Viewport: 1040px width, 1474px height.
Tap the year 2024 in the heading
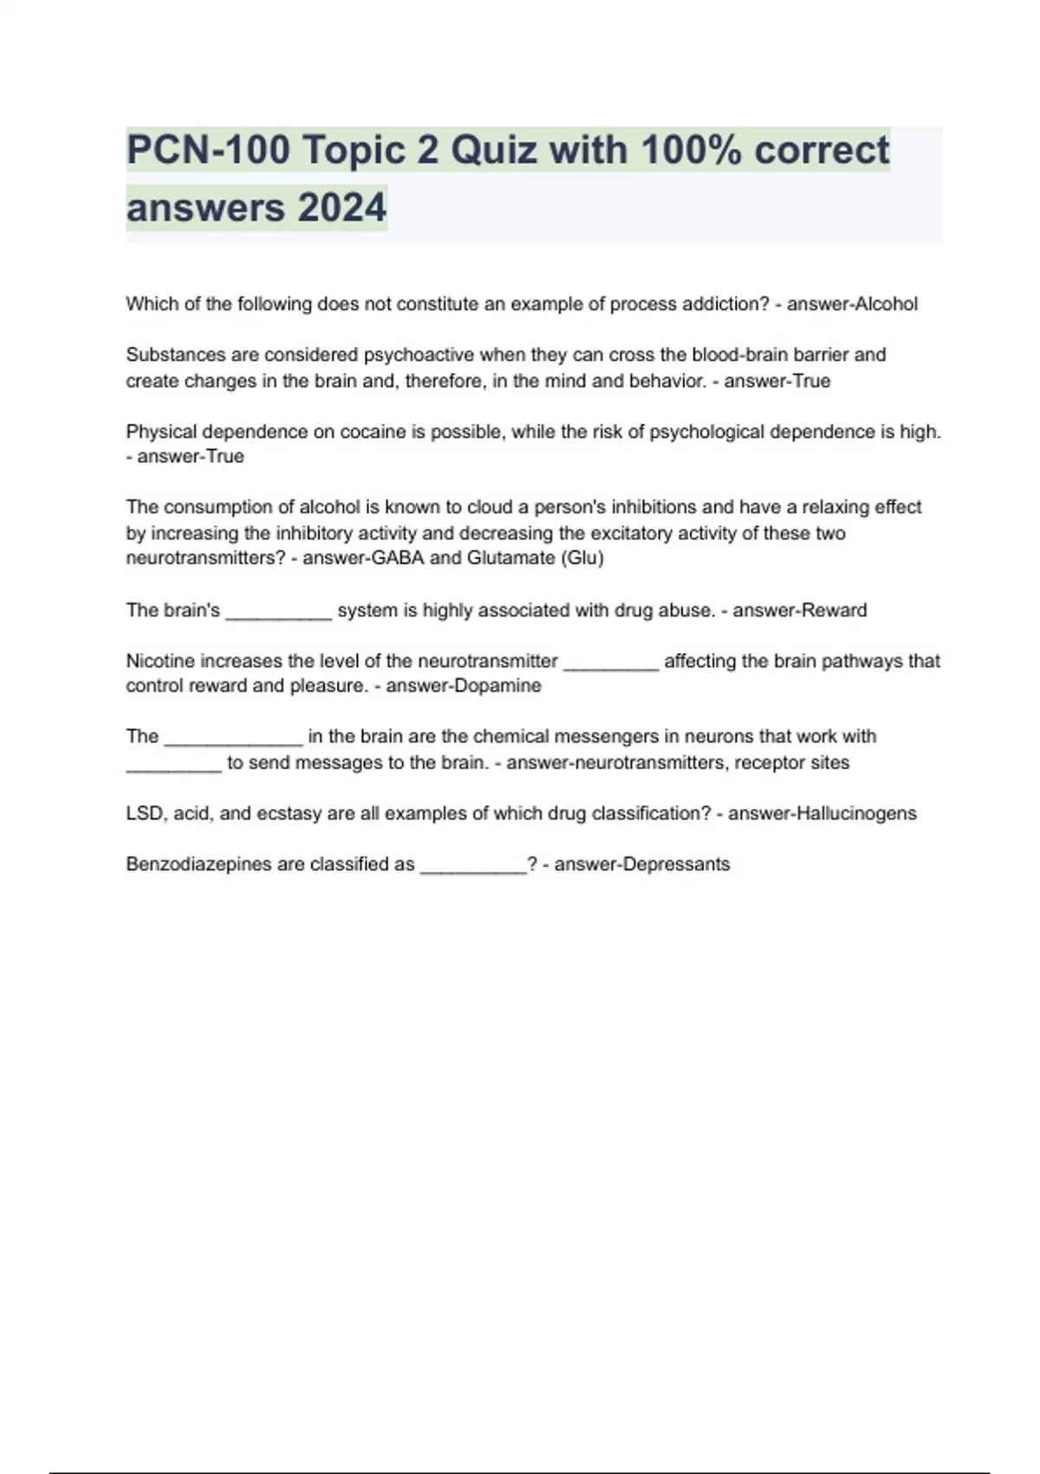click(x=341, y=208)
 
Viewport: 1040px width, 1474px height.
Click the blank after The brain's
click(x=278, y=612)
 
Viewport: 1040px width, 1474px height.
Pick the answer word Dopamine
click(x=497, y=686)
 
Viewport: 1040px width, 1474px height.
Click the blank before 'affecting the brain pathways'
click(x=611, y=663)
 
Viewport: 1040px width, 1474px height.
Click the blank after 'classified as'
click(x=473, y=866)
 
